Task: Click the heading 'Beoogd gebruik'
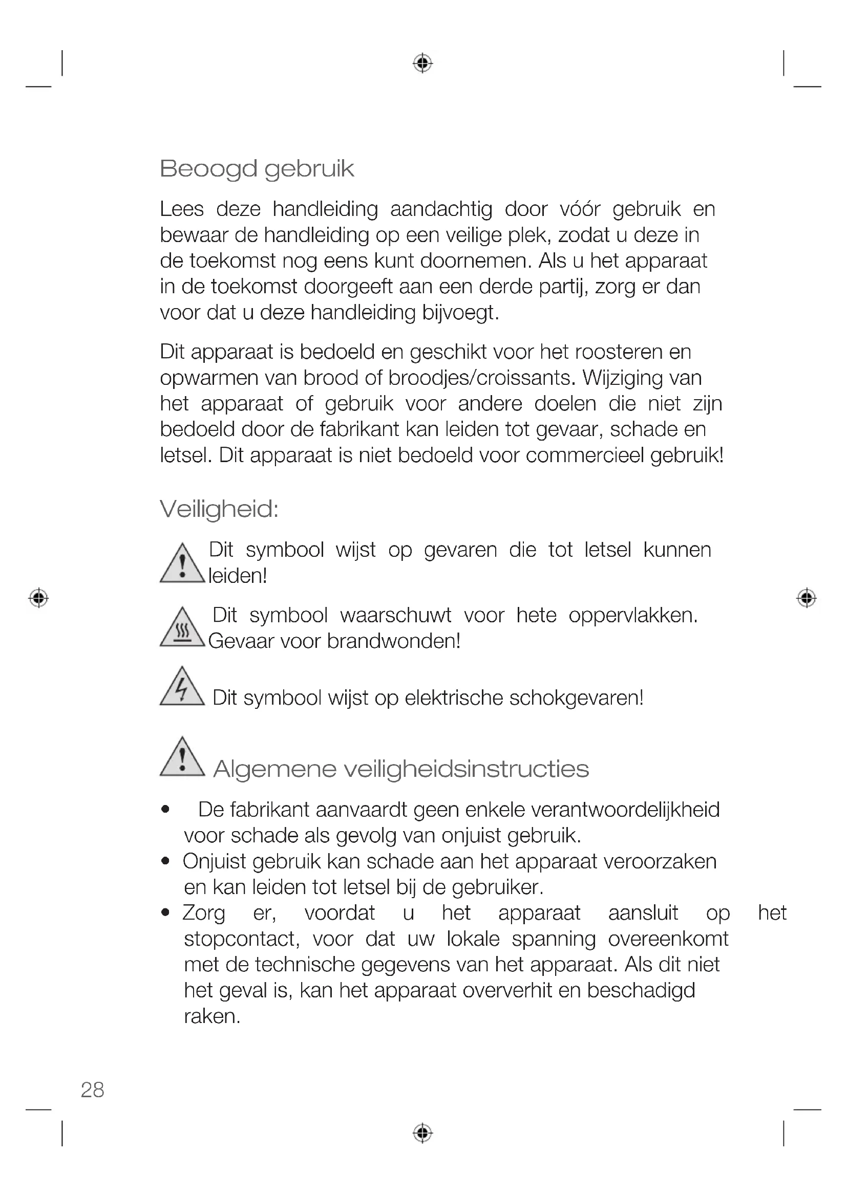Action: click(x=257, y=169)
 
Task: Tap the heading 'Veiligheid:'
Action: click(x=219, y=509)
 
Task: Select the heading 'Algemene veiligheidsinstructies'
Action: click(x=400, y=769)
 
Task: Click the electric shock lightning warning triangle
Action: click(x=182, y=688)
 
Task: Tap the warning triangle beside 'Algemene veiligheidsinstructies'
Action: click(x=182, y=758)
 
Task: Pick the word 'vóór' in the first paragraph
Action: click(x=580, y=210)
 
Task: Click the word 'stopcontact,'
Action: click(x=242, y=939)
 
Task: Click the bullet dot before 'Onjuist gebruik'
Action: click(x=166, y=861)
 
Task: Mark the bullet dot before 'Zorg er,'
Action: click(x=166, y=913)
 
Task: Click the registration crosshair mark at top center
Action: click(x=422, y=63)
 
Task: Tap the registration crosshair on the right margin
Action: click(x=807, y=597)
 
